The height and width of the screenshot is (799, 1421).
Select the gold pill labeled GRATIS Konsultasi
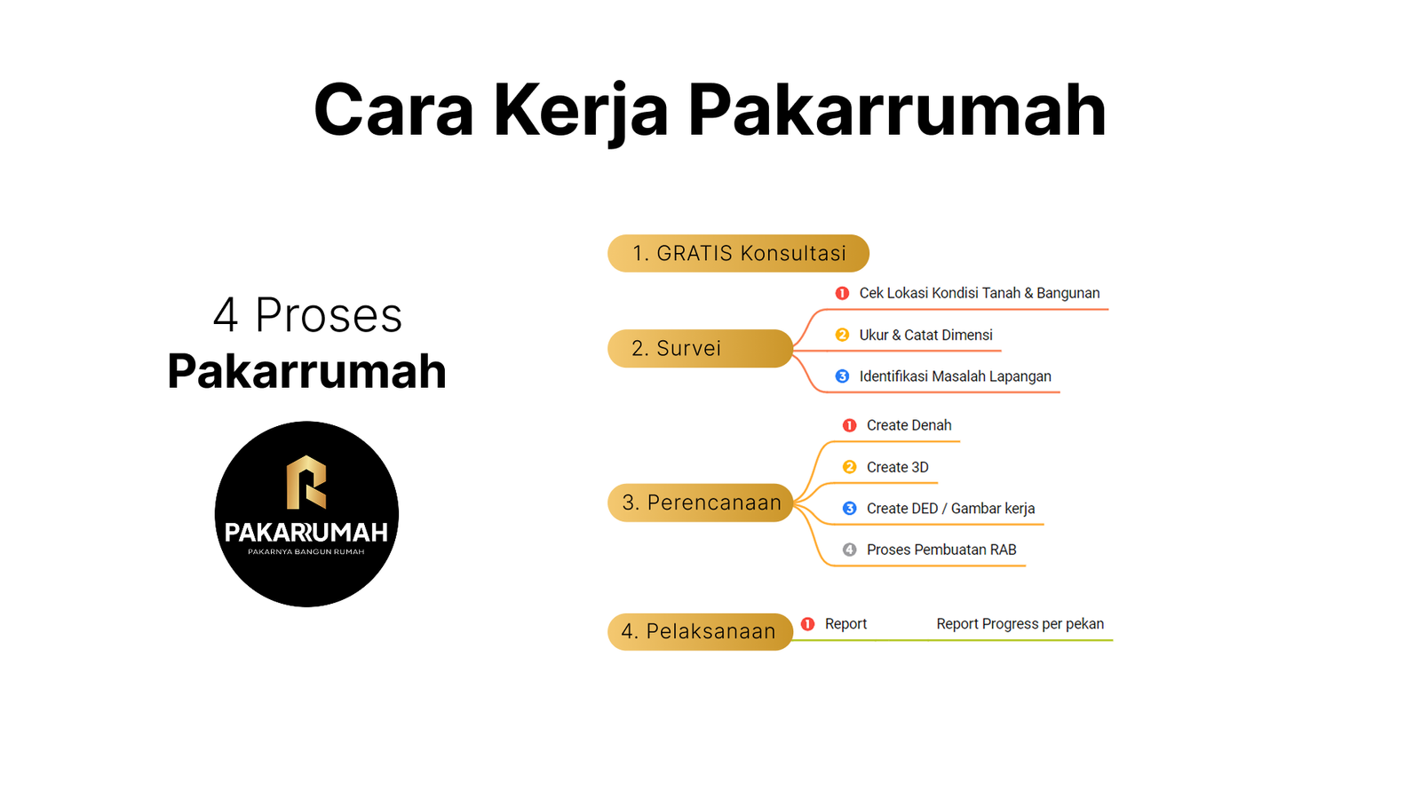[738, 254]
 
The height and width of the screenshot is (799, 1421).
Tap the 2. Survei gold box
[701, 348]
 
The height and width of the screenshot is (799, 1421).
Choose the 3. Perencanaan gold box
[701, 502]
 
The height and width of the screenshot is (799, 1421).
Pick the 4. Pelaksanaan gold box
[701, 631]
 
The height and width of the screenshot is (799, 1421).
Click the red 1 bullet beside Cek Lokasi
[842, 293]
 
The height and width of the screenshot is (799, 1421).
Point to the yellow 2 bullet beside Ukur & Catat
[842, 335]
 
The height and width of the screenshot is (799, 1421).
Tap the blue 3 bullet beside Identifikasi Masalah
[842, 376]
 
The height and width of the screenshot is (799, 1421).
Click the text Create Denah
[909, 425]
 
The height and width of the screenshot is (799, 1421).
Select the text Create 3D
[898, 467]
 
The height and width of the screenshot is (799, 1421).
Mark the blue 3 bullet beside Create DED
[849, 509]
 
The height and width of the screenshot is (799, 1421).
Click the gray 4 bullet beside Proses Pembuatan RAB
[849, 550]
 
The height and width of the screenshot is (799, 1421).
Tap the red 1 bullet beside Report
[807, 624]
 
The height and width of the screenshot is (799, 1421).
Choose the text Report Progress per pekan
[1020, 624]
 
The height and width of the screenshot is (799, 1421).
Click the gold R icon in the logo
[306, 483]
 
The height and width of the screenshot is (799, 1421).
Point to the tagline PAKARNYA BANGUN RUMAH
[306, 551]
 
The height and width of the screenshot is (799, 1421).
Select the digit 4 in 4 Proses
[226, 315]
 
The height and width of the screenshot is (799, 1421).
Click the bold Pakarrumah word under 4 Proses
[307, 371]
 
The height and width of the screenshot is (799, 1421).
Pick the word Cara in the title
[394, 111]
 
